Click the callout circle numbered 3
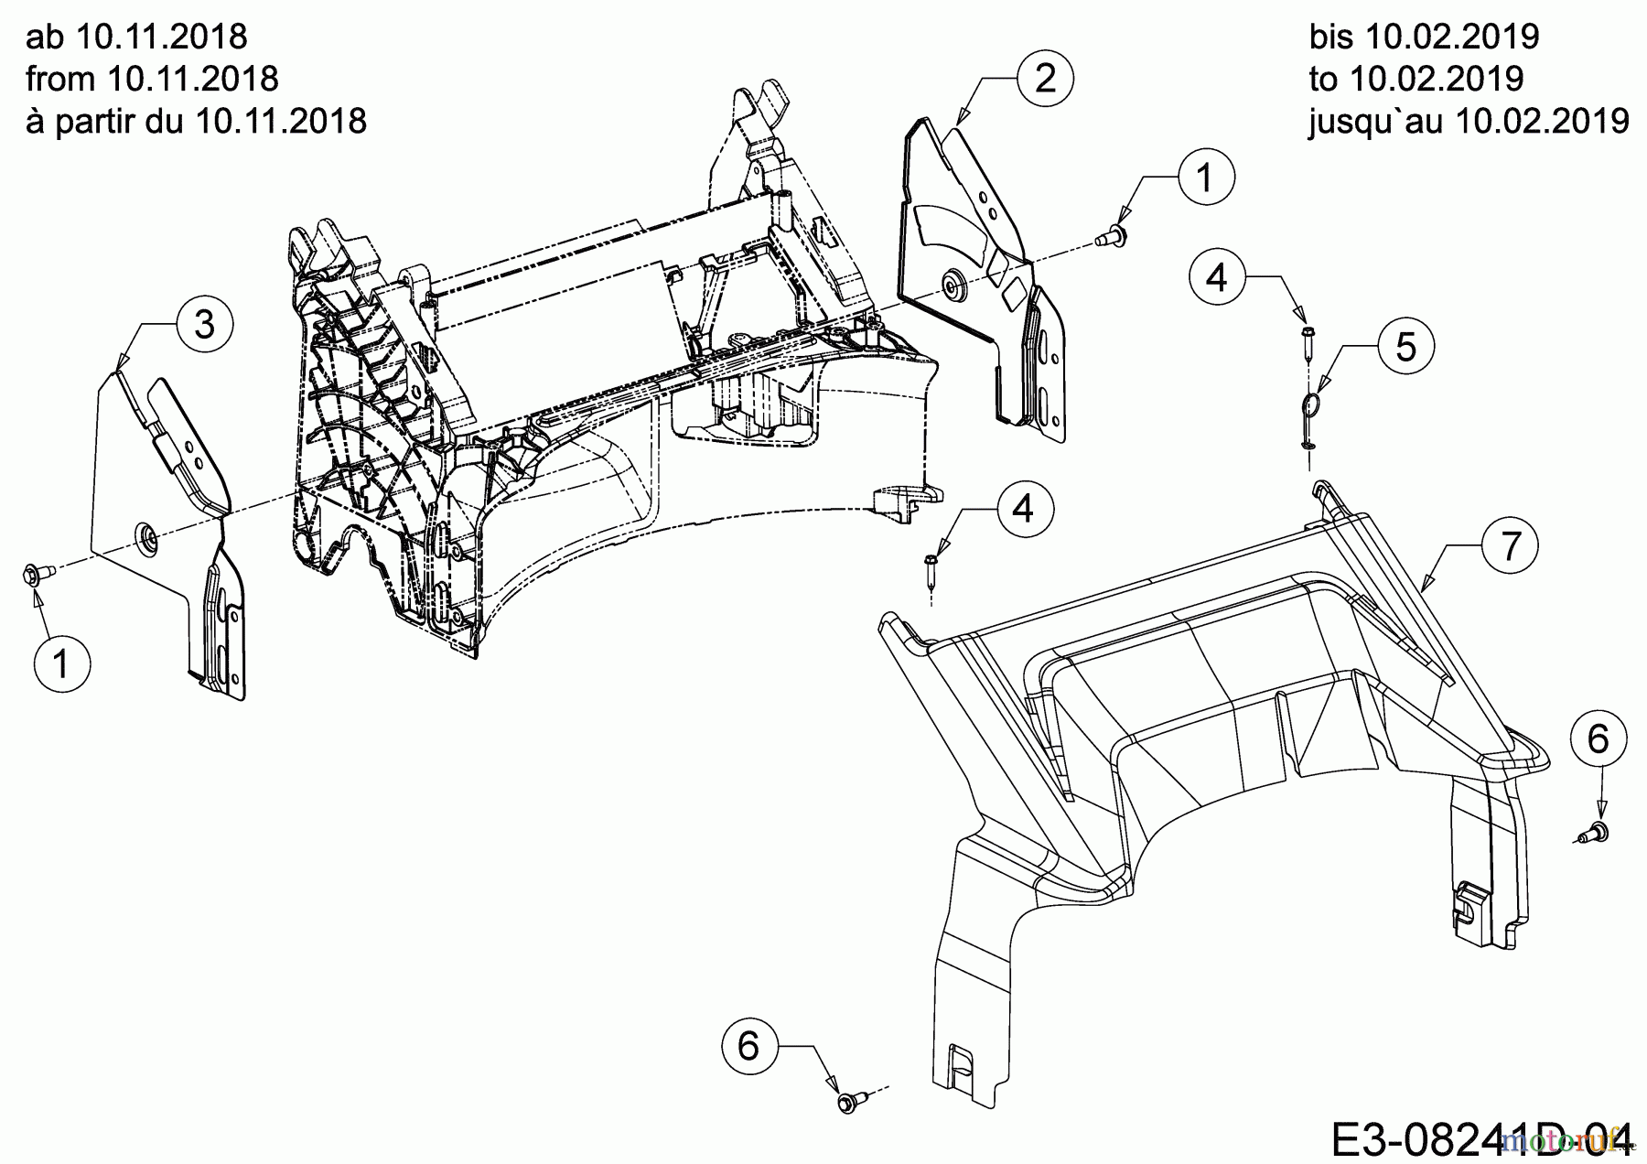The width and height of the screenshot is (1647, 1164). (x=205, y=324)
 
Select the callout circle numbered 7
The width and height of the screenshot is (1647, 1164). (x=1511, y=546)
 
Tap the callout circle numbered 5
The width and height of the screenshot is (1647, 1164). (x=1406, y=347)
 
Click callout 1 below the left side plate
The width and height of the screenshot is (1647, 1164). (x=62, y=663)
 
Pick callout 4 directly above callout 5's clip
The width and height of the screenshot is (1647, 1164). (x=1217, y=275)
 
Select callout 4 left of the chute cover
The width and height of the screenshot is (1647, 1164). (x=1024, y=507)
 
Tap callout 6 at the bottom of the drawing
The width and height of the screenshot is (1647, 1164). (x=748, y=1045)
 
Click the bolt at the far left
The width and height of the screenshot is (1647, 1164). (x=35, y=574)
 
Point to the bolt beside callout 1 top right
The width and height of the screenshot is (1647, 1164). (x=1112, y=237)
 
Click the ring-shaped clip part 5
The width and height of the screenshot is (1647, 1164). (x=1312, y=406)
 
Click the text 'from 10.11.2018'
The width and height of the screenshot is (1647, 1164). (x=152, y=80)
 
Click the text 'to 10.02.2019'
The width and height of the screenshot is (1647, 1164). (x=1416, y=80)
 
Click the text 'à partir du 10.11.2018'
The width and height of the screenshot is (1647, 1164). (x=196, y=121)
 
